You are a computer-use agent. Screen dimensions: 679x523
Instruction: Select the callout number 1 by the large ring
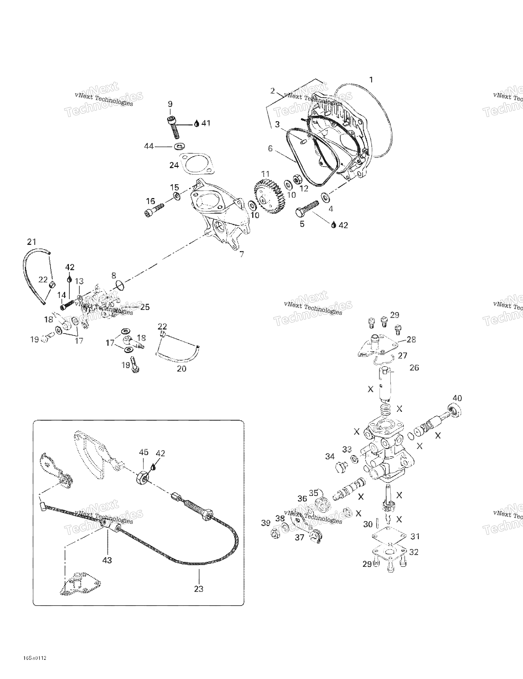tap(371, 80)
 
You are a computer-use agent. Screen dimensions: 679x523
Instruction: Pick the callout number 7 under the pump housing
tap(242, 254)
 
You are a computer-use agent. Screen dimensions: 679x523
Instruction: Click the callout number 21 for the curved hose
tap(32, 242)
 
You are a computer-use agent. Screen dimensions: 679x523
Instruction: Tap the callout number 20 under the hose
tap(182, 369)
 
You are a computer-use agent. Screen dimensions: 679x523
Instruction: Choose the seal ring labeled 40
tap(454, 411)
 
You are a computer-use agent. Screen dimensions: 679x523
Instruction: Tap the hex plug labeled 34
tap(341, 468)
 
